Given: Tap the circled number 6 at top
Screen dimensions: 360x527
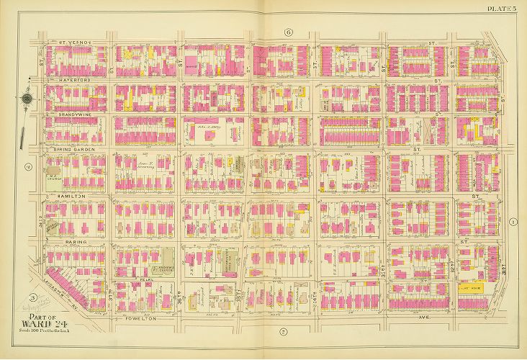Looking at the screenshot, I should pos(287,32).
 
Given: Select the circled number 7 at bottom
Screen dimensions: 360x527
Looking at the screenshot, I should pos(283,331).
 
